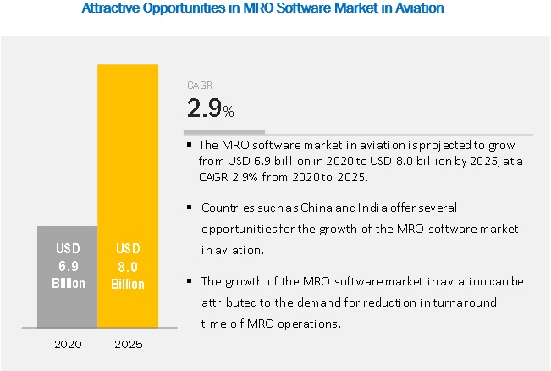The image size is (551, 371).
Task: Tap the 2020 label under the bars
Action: pyautogui.click(x=67, y=344)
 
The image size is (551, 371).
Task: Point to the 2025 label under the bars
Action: pyautogui.click(x=127, y=344)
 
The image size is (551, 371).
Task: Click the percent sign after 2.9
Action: pyautogui.click(x=229, y=113)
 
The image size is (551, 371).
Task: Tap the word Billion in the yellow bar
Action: pyautogui.click(x=128, y=283)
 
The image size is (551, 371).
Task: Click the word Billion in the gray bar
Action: pyautogui.click(x=68, y=283)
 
